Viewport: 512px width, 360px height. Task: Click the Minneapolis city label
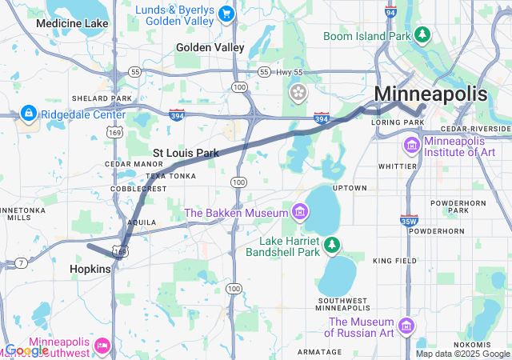[430, 93]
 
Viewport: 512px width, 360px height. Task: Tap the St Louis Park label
[186, 152]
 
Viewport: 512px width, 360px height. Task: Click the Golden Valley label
[210, 47]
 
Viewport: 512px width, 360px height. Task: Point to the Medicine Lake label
[72, 23]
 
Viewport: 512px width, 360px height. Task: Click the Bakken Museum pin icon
[300, 212]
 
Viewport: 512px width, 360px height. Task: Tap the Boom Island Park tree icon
[422, 35]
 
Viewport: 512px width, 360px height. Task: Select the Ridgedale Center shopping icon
[28, 114]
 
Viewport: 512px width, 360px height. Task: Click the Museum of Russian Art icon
[406, 326]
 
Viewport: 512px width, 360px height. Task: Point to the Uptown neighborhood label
[350, 187]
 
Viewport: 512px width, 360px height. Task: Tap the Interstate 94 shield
[390, 12]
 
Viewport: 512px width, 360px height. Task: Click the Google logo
[26, 350]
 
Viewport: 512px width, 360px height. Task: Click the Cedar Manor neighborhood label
[122, 163]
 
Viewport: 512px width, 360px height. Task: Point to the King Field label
[394, 261]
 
